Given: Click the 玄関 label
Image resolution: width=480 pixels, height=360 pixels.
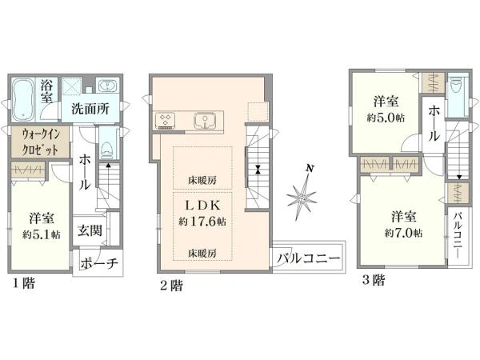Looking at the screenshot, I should tap(89, 231).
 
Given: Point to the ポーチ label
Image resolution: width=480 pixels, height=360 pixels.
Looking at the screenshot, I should tap(100, 263).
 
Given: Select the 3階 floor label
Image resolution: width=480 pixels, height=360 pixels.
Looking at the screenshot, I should tap(372, 280).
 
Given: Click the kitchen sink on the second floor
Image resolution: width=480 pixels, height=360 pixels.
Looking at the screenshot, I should tap(205, 122).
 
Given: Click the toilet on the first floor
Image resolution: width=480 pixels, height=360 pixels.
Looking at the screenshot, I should tap(105, 152).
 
